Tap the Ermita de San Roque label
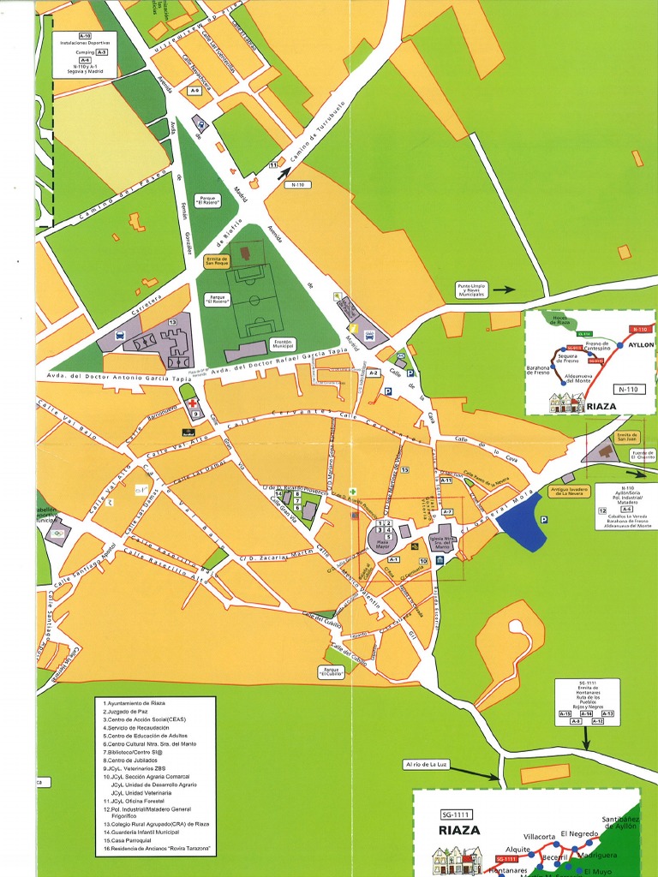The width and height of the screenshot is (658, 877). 217,261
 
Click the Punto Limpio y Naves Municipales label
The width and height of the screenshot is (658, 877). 471,290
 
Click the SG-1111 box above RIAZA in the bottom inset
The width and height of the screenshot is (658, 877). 456,814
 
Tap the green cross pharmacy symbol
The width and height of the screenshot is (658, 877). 351,492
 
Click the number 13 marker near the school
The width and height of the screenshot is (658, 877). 172,322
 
